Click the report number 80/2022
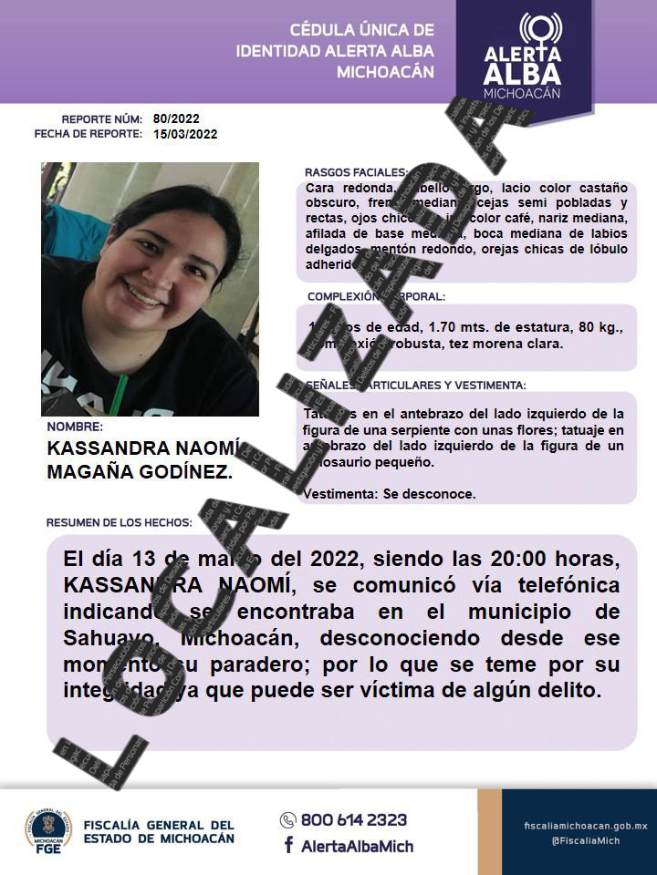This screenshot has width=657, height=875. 176,118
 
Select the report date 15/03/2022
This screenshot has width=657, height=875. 185,134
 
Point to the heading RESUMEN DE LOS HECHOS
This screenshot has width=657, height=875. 119,522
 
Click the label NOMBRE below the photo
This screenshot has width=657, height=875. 74,426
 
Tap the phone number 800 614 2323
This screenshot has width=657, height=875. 354,819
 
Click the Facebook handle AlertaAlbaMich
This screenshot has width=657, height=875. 354,845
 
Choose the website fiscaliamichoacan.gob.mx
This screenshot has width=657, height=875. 585,825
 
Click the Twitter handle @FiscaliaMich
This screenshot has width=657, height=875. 585,840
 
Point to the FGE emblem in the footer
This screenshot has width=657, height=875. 47,830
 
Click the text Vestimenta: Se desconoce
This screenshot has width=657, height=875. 390,494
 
